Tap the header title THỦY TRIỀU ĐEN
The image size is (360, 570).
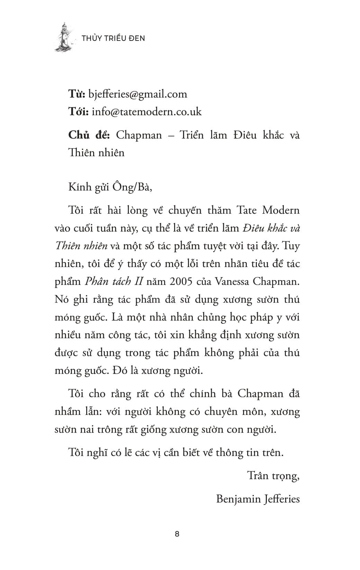coord(113,38)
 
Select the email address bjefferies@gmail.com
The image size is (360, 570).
coord(138,94)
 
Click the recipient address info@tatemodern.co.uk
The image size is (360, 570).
coord(147,112)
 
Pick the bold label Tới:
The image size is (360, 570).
coord(79,112)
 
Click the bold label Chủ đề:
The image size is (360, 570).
coord(89,135)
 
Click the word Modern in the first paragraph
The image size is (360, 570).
coord(279,210)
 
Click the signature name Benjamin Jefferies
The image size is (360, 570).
coord(258,499)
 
